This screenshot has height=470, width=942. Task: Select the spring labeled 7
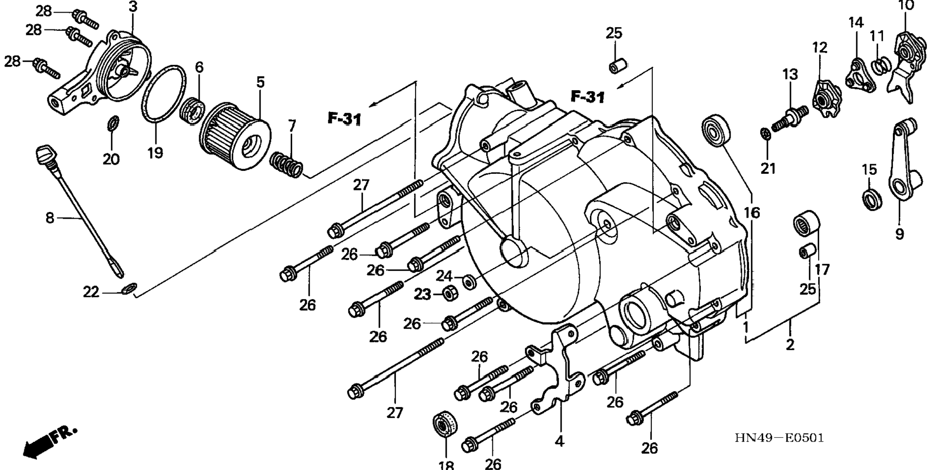(x=287, y=164)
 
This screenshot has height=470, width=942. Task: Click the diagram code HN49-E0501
(x=779, y=438)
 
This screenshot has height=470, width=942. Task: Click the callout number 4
(x=560, y=441)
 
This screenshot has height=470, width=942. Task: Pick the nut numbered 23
(x=449, y=293)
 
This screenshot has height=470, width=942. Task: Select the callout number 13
(x=790, y=75)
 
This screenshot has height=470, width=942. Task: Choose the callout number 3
(x=133, y=7)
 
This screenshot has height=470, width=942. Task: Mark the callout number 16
(x=752, y=212)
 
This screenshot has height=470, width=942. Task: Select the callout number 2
(x=790, y=344)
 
